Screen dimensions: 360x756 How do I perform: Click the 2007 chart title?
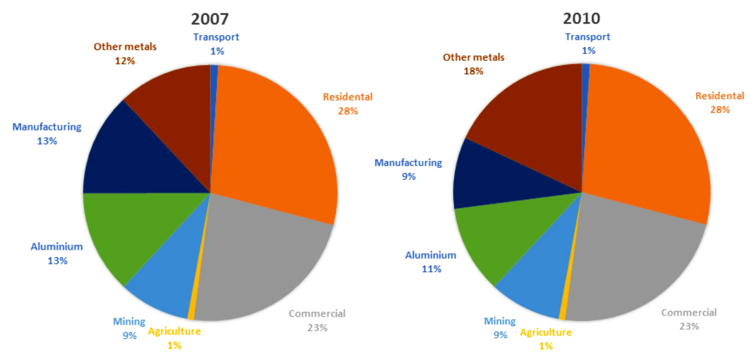coord(209,19)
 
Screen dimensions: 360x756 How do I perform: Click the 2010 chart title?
coord(581,18)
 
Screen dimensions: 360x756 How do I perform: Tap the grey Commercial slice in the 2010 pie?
coord(636,266)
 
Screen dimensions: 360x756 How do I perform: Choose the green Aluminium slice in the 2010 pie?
coord(508,238)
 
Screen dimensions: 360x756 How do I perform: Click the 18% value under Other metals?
coord(473,71)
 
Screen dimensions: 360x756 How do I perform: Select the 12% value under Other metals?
coord(125,60)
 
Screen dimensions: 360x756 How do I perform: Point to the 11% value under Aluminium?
coord(431,269)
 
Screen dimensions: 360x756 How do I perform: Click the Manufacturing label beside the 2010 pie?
coord(408,163)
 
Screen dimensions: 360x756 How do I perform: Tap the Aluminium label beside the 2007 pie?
coord(57,246)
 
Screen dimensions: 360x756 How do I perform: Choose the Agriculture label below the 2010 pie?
coord(546,332)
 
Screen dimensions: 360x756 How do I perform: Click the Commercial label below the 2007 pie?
coord(317,314)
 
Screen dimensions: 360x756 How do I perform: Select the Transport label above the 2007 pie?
coord(216,37)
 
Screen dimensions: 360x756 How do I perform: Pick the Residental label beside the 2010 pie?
coord(719,96)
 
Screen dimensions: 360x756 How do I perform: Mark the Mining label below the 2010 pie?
coord(500,321)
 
